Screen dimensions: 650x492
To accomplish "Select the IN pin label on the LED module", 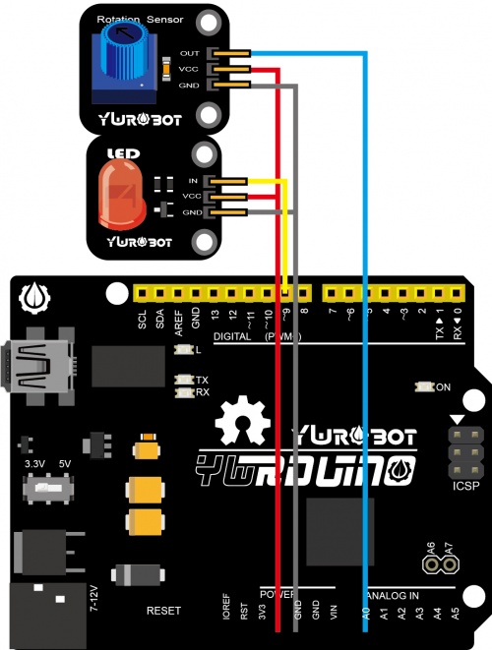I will tap(193, 182).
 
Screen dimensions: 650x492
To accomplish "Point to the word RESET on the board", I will tap(163, 611).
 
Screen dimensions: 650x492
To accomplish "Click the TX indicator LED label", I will tap(202, 380).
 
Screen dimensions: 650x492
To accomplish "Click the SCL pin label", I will tap(143, 319).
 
